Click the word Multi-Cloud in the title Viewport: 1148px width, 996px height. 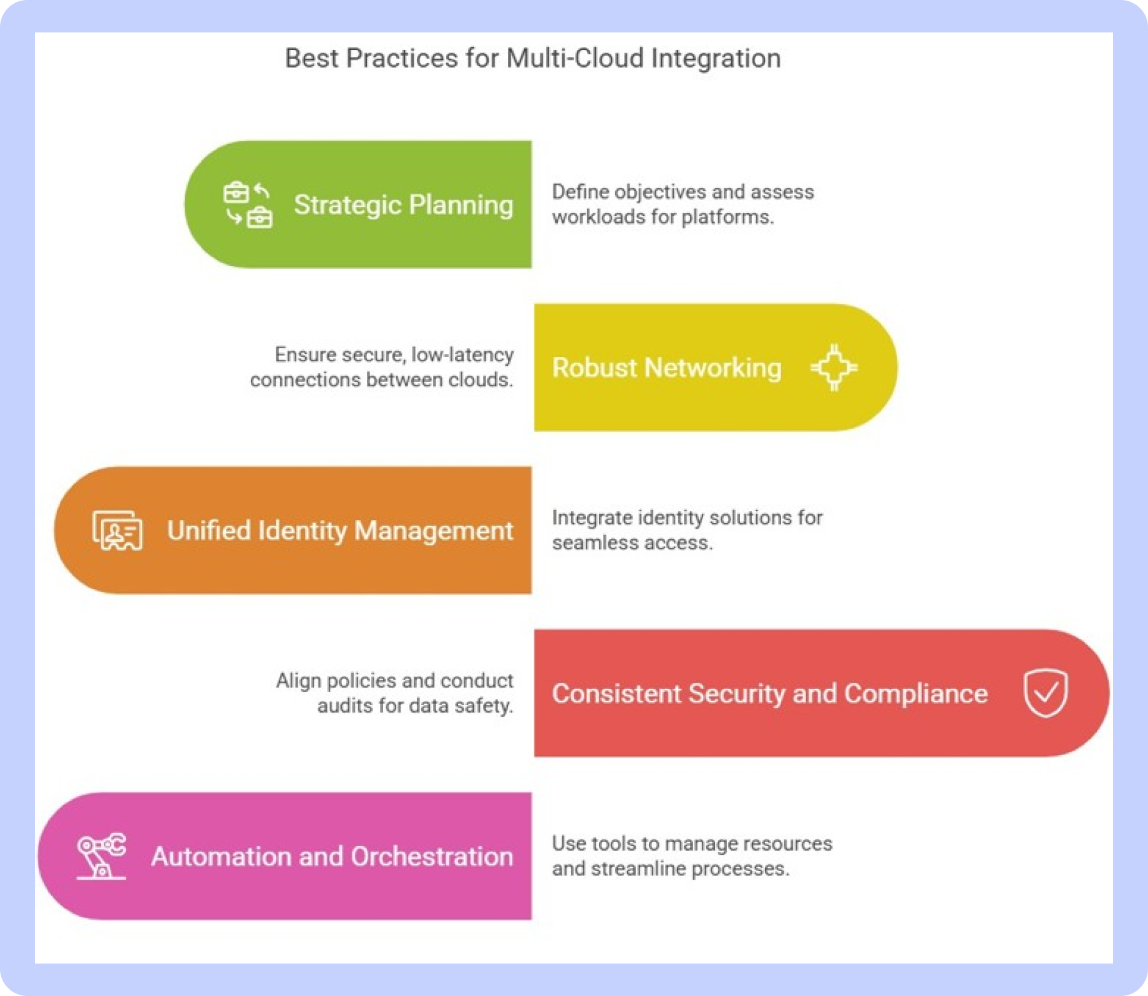(x=575, y=58)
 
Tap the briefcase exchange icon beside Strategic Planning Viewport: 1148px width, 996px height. (x=248, y=205)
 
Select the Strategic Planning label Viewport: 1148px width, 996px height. (x=404, y=205)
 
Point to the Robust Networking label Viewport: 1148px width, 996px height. (x=666, y=368)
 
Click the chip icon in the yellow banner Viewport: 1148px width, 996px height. (x=834, y=368)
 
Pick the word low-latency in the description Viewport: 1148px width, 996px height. (x=462, y=354)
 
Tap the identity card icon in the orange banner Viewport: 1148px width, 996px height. (x=117, y=530)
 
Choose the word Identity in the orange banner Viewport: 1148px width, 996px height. (x=302, y=531)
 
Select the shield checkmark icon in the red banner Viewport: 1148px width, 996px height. (x=1045, y=693)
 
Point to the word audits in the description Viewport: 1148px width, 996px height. (x=344, y=706)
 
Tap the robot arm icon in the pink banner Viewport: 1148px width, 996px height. (x=101, y=856)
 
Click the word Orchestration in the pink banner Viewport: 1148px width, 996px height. (x=432, y=856)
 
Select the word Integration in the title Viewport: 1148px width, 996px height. (x=716, y=59)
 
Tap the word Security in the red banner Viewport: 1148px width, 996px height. (x=736, y=694)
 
